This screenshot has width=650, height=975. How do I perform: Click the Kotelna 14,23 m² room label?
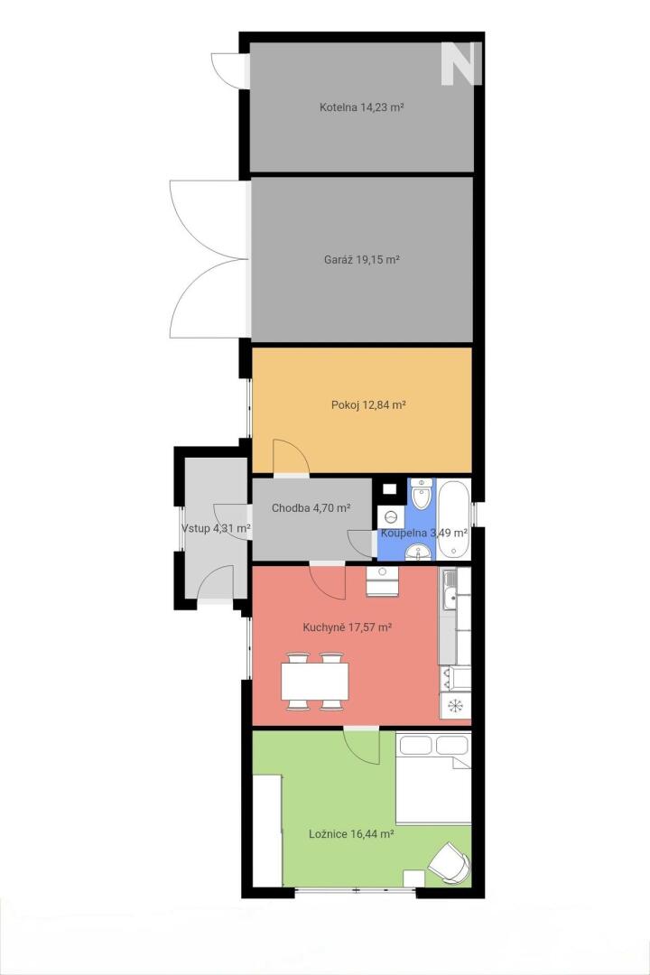click(361, 107)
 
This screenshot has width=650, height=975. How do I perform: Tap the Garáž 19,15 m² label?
click(361, 260)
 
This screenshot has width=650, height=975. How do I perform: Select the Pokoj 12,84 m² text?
click(368, 404)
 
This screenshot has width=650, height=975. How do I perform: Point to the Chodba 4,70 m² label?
click(311, 508)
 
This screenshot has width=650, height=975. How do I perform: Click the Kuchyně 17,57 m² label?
click(347, 627)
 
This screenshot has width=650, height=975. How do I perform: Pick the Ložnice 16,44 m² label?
click(351, 834)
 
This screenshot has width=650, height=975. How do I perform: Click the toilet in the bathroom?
click(422, 494)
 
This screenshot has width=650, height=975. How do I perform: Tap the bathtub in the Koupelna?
click(453, 518)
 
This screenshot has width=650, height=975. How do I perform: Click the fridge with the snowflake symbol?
click(455, 705)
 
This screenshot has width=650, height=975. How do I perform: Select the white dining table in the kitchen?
click(315, 681)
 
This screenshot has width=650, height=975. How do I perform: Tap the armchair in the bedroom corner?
click(449, 863)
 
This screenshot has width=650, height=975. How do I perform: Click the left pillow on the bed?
click(415, 745)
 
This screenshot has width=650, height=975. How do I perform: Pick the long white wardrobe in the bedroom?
click(267, 831)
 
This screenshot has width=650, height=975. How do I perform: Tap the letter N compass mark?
click(461, 63)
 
